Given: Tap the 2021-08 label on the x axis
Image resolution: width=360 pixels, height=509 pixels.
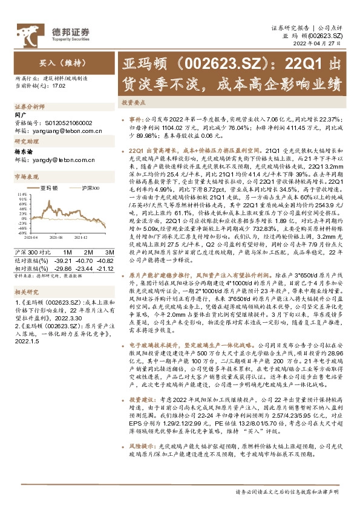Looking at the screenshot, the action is click(58, 238).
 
